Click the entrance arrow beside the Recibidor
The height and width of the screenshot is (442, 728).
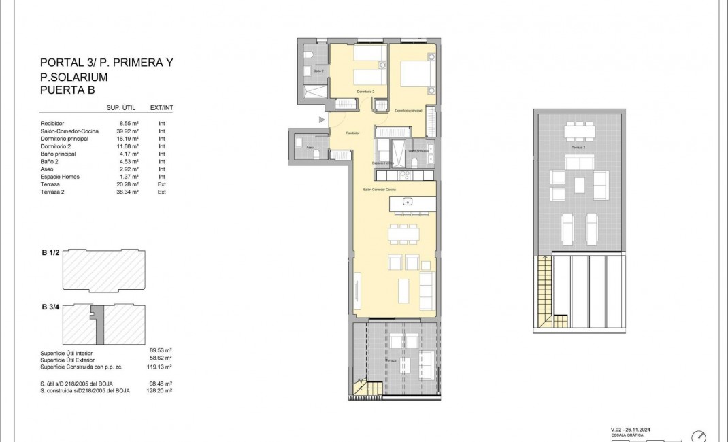(322, 120)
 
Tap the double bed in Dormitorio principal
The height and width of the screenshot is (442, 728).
(414, 74)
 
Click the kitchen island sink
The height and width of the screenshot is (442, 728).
(407, 201)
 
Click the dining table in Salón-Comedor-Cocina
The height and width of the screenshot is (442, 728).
(403, 234)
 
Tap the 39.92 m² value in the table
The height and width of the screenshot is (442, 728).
(128, 131)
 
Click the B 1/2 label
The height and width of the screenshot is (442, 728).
(52, 252)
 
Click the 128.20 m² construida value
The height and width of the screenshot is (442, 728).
(160, 391)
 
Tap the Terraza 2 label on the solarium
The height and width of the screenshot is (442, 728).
(579, 147)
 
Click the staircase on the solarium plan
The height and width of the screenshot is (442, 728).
(544, 282)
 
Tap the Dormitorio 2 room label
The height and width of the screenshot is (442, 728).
(365, 92)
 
